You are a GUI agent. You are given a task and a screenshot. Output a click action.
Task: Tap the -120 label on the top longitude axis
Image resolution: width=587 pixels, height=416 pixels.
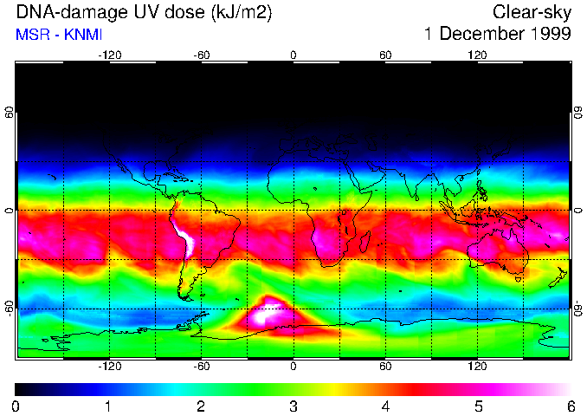pyautogui.click(x=109, y=55)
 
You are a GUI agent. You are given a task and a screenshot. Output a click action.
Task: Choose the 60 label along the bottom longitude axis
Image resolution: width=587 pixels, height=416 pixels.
pyautogui.click(x=385, y=367)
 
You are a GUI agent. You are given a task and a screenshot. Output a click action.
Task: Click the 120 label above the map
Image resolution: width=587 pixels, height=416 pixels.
pyautogui.click(x=478, y=55)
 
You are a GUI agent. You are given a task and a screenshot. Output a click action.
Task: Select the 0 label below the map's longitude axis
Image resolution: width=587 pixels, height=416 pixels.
pyautogui.click(x=293, y=367)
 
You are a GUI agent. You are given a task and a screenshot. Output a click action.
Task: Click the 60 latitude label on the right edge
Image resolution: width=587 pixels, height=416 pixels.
pyautogui.click(x=578, y=114)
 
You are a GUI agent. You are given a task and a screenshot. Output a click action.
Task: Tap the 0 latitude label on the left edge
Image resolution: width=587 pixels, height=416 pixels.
pyautogui.click(x=9, y=211)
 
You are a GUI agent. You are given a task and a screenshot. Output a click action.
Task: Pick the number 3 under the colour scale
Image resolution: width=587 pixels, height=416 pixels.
pyautogui.click(x=293, y=406)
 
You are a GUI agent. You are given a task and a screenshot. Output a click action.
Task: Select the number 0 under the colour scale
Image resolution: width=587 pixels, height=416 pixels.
pyautogui.click(x=16, y=406)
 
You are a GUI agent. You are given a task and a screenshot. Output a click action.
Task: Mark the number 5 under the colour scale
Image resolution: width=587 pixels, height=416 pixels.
pyautogui.click(x=478, y=406)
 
